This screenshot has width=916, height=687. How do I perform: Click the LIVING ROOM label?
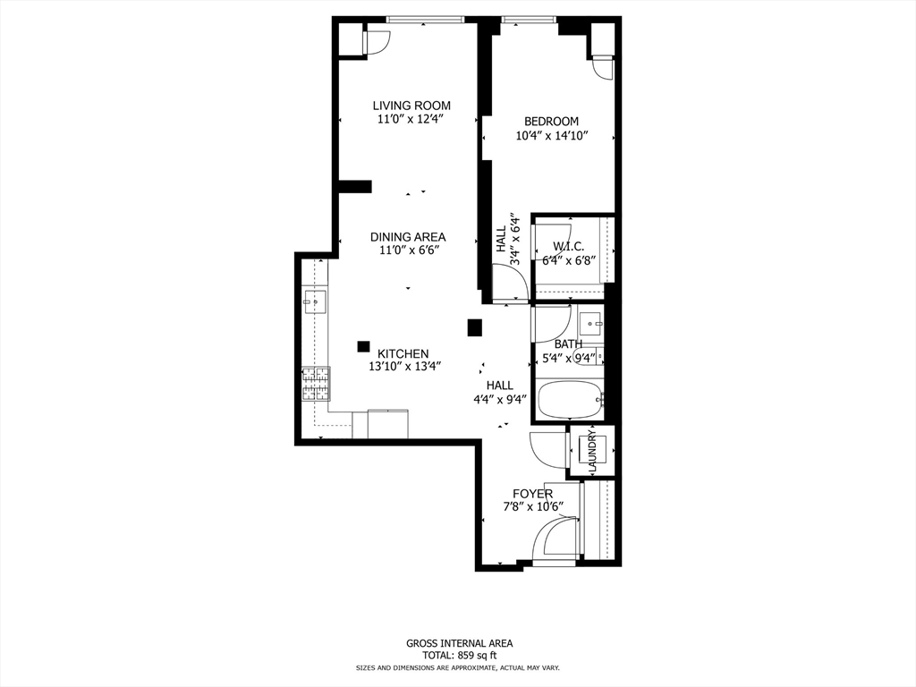pos(411,106)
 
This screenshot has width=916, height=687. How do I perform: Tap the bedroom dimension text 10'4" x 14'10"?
pos(552,136)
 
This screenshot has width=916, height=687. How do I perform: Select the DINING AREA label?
pos(408,237)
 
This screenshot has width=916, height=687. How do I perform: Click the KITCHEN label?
pos(403,353)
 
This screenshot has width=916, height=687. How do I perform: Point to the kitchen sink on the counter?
pos(315,301)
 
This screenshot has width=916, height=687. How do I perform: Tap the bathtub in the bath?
pos(569,400)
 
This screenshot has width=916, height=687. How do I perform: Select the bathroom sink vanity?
pos(589,322)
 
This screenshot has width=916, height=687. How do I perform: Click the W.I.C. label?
pos(568,246)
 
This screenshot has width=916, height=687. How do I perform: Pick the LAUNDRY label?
pos(592,453)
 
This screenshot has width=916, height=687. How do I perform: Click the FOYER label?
pos(532,494)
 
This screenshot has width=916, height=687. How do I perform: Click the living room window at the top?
pos(431,19)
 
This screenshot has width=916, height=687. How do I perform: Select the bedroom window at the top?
pos(528,19)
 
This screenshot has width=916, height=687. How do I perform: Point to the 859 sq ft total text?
pos(459,655)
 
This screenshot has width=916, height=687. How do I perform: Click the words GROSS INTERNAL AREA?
pos(459,642)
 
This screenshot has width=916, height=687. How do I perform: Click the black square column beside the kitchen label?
pos(363,345)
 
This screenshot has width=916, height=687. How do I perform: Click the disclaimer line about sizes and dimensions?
pos(459,668)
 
